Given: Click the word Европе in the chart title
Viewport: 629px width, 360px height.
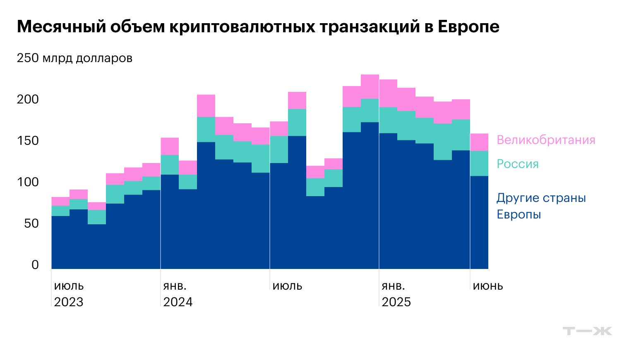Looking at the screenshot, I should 468,27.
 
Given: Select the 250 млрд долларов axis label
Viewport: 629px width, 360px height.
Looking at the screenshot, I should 74,58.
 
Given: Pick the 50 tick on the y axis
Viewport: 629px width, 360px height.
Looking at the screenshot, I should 31,223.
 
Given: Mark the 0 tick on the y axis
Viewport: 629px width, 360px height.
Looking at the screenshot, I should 35,265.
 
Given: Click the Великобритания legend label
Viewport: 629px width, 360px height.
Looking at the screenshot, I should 546,140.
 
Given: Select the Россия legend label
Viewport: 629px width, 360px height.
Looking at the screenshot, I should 518,164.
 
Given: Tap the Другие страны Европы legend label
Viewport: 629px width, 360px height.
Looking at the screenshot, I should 541,206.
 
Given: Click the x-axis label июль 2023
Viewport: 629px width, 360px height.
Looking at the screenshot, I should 69,294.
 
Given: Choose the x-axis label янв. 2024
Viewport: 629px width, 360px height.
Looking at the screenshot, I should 178,294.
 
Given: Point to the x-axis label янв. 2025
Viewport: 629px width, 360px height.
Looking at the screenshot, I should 396,294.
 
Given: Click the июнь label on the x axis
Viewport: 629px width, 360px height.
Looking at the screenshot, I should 488,286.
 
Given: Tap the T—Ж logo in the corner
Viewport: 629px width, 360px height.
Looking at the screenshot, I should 587,331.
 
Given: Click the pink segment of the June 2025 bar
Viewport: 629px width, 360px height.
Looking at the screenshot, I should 479,142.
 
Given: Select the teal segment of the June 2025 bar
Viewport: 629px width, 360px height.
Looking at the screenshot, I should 479,163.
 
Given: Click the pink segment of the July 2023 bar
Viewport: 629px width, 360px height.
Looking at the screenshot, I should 60,201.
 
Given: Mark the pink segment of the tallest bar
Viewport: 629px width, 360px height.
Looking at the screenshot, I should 370,86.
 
